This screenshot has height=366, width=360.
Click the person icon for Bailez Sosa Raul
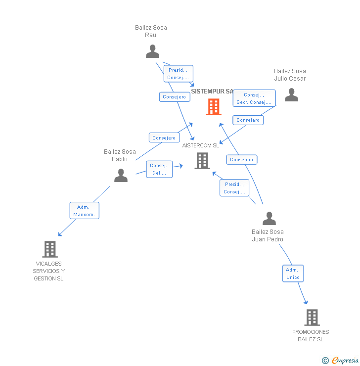coord(153,51)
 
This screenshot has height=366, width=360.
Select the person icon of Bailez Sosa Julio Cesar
coord(291,94)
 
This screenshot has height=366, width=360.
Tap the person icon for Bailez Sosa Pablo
coord(121,175)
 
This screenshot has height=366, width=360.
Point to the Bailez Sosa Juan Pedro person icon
coord(269,218)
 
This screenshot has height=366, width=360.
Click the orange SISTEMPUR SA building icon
coord(214,106)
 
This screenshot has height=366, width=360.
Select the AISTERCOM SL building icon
coord(202,160)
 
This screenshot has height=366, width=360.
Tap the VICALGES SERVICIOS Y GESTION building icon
coord(50,249)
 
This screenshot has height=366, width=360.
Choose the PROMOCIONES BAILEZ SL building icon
coord(312,317)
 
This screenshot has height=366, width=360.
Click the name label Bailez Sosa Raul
coord(151,31)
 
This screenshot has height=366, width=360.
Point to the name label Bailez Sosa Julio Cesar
coord(290,75)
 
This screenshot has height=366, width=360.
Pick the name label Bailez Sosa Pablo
coord(120,155)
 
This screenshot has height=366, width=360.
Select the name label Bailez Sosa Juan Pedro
coord(268,235)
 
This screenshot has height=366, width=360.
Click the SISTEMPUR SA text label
coord(212,91)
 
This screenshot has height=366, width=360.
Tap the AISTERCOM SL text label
coord(200,145)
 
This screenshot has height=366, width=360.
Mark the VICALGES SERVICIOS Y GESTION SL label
coord(48,271)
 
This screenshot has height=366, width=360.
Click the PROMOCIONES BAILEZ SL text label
coord(311,335)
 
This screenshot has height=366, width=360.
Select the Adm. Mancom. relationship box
coord(84,210)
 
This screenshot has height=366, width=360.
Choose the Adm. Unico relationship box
coord(293,274)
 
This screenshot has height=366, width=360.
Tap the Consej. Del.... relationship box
coord(159,169)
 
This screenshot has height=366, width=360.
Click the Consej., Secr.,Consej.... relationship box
coord(254,98)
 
